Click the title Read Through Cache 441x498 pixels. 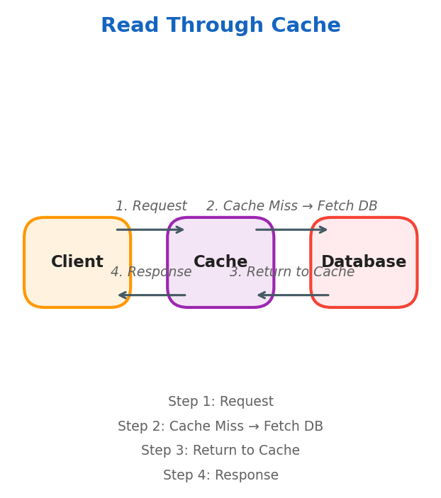[220, 26]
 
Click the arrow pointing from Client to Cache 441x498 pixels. [150, 230]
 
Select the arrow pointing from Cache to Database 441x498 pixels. [291, 230]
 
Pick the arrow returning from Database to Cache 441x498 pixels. [291, 295]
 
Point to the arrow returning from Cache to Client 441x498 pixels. [150, 295]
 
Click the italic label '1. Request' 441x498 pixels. [151, 206]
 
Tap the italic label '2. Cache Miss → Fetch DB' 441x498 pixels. [291, 206]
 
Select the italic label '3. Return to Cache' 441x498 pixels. [291, 272]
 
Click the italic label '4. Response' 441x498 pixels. [151, 272]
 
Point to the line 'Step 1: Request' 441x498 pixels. [220, 402]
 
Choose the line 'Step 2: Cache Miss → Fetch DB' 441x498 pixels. [220, 426]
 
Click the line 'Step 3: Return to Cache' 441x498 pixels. [220, 451]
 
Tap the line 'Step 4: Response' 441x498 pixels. [220, 475]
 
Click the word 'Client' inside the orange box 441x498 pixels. [77, 262]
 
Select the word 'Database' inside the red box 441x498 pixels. [364, 262]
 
